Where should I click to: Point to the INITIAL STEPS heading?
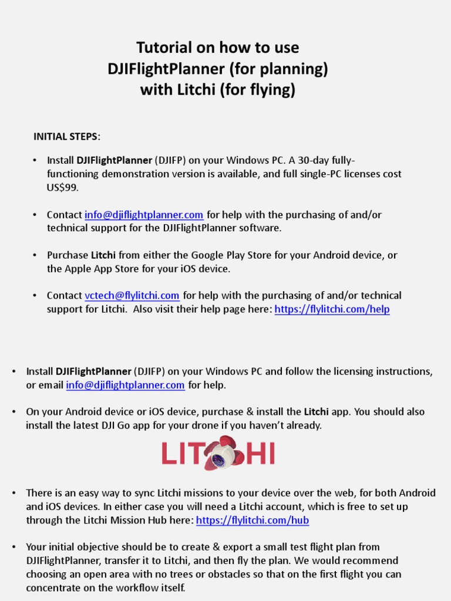(x=66, y=137)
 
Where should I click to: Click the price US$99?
(x=62, y=188)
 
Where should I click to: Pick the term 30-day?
(x=315, y=160)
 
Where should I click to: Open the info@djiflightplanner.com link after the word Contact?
(x=144, y=215)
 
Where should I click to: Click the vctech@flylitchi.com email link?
(x=132, y=296)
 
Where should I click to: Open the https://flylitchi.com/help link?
(x=332, y=309)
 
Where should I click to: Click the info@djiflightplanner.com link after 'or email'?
(x=126, y=386)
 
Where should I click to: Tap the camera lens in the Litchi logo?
(x=218, y=460)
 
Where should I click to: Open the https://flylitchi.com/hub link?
(x=253, y=521)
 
